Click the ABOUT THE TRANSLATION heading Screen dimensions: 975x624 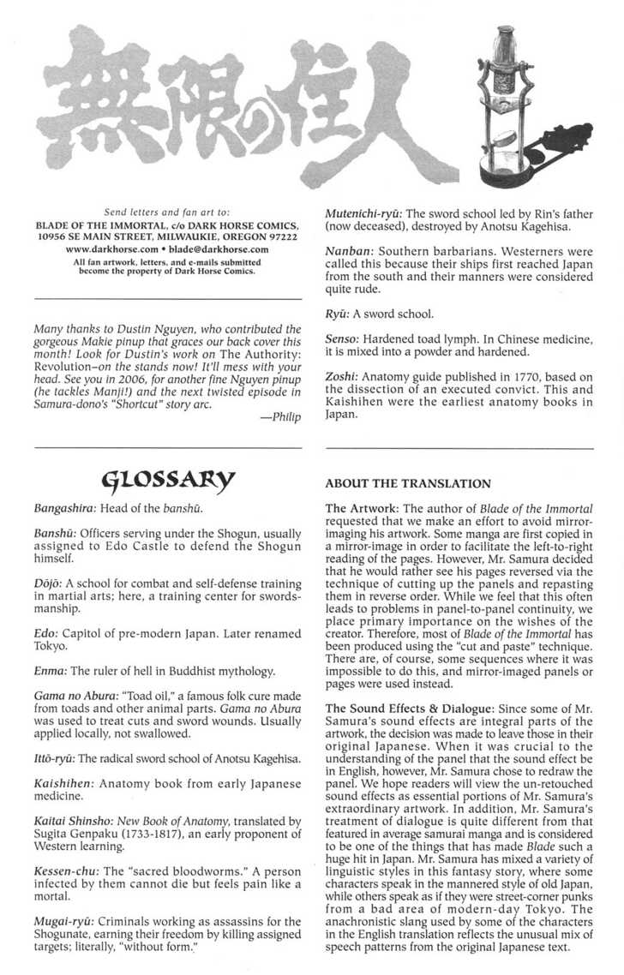[408, 484]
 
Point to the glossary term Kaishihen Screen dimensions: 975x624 [65, 784]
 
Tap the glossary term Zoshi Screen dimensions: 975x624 [344, 376]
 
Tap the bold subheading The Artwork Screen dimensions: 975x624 [361, 508]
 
